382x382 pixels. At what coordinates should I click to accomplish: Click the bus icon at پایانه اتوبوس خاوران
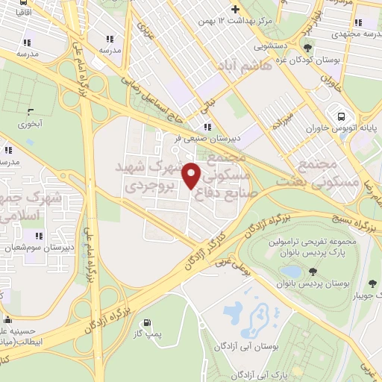click(x=341, y=116)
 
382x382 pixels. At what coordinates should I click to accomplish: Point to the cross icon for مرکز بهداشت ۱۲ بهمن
click(x=236, y=9)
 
